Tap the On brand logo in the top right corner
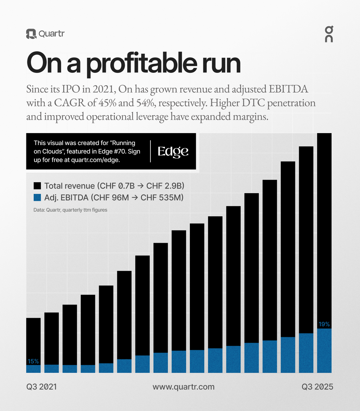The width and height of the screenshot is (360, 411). [x=328, y=34]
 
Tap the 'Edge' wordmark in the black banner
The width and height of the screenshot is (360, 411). [x=173, y=151]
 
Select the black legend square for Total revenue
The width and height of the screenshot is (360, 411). [x=38, y=186]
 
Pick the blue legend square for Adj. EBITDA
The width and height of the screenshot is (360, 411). [x=38, y=198]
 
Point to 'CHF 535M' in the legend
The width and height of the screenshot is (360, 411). [x=162, y=198]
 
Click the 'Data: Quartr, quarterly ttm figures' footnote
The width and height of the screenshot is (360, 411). [x=67, y=210]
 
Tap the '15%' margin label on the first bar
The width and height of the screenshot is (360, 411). [x=33, y=361]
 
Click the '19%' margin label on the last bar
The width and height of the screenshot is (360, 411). [x=324, y=324]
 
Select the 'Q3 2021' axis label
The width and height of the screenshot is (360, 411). [x=41, y=387]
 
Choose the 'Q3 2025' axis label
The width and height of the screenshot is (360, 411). [x=317, y=387]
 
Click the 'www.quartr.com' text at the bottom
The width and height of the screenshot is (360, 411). [x=183, y=387]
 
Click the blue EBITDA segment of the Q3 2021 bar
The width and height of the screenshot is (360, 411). [x=33, y=369]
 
